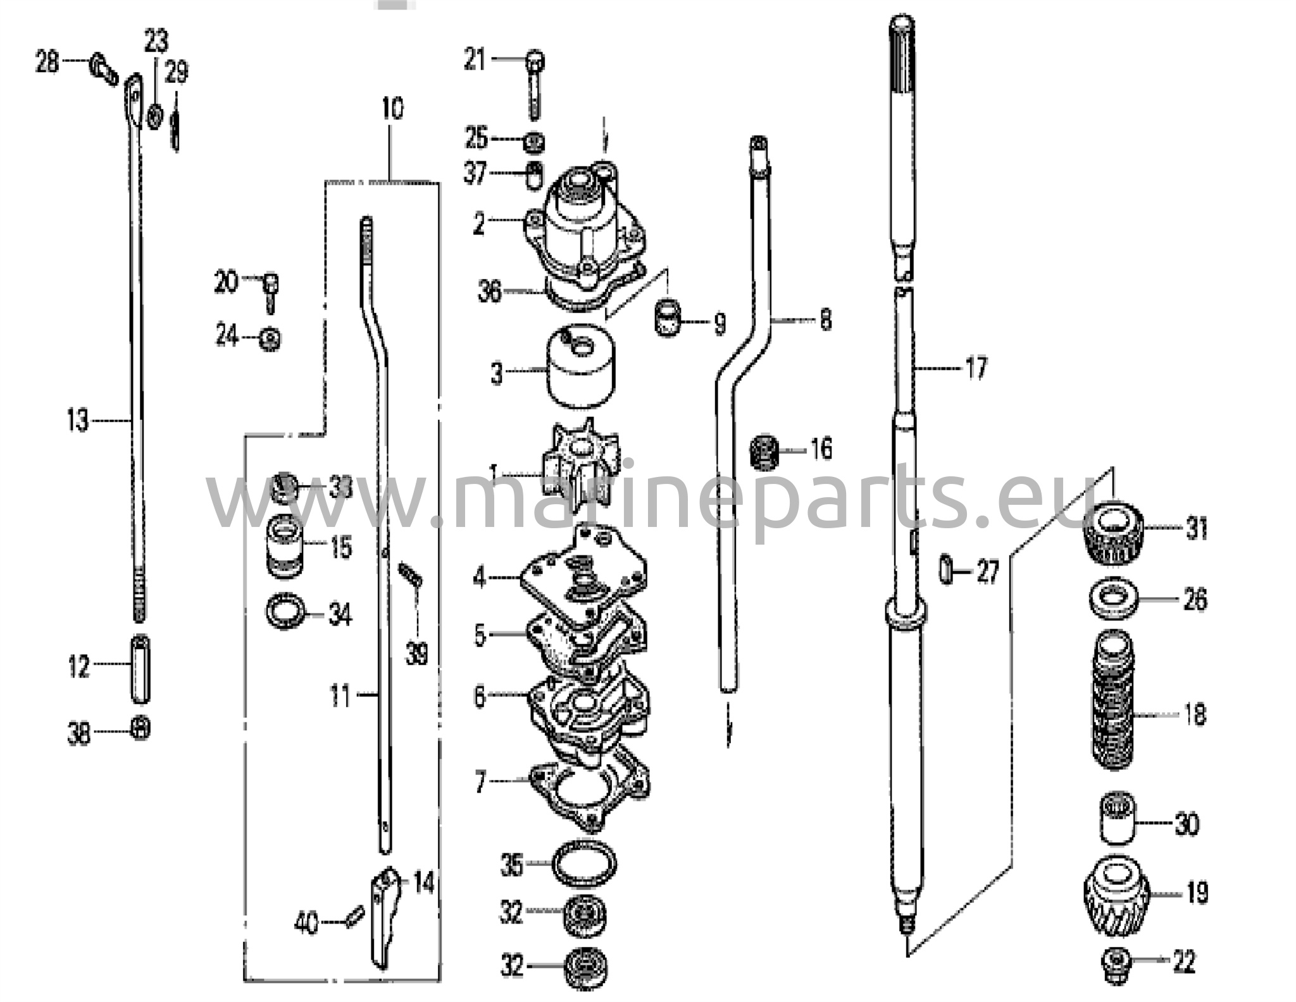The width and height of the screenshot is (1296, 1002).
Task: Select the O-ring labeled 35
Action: (x=583, y=863)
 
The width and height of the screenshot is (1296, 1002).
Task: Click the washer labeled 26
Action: (x=1114, y=598)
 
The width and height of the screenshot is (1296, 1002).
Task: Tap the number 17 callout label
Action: (x=975, y=368)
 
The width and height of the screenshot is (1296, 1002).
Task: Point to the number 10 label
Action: (x=392, y=109)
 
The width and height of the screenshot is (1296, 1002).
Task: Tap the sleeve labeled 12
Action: (x=140, y=668)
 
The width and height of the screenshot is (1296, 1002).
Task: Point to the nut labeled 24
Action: (x=270, y=339)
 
